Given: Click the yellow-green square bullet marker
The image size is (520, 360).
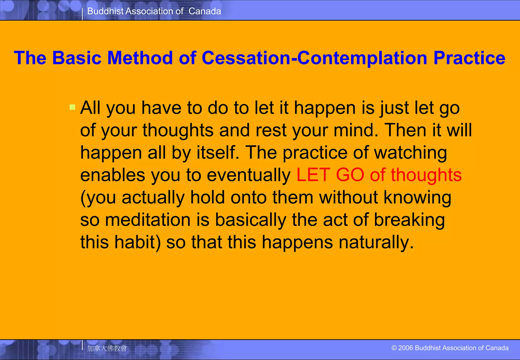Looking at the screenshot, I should [x=72, y=107].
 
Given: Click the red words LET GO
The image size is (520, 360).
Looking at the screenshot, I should [x=330, y=175].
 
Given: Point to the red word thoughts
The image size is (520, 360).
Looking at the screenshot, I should [x=426, y=175].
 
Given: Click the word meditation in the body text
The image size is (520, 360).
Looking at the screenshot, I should [x=148, y=220].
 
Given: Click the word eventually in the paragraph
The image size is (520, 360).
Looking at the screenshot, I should [x=249, y=175].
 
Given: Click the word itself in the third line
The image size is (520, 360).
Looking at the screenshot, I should [x=218, y=153].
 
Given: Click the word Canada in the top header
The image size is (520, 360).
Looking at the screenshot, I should [x=205, y=11].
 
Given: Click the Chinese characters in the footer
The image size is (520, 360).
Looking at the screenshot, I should [x=107, y=348].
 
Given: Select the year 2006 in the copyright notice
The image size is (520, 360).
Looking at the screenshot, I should [x=406, y=348].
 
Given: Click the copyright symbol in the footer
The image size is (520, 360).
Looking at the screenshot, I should [x=394, y=348].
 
